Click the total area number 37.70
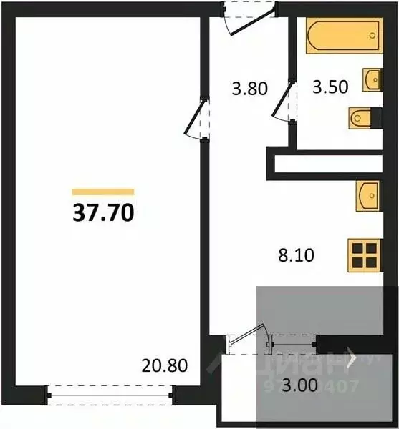103,213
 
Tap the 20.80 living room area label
165,367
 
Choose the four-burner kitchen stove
364,254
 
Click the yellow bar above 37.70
103,192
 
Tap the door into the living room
197,118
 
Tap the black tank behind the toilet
375,116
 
